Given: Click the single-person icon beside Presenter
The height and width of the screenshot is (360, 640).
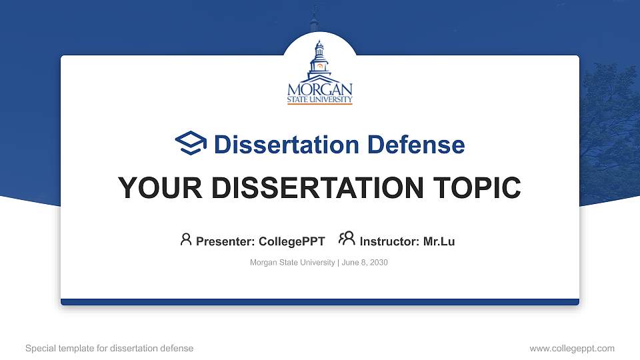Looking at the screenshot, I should (x=186, y=239).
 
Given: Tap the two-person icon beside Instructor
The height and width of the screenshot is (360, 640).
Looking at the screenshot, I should (x=347, y=239).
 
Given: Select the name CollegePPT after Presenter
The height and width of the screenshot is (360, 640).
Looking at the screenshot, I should (x=291, y=241).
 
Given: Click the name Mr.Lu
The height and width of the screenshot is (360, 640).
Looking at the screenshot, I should (x=439, y=241).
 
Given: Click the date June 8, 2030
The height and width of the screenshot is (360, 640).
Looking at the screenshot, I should (x=365, y=263).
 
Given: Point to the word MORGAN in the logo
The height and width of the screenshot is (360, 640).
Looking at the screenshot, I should (x=320, y=89).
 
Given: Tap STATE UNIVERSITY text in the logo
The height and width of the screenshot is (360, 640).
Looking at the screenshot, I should (x=320, y=99).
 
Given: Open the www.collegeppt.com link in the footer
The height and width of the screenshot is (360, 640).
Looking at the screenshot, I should (x=572, y=349).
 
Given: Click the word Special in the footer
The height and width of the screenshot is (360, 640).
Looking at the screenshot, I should (x=41, y=349).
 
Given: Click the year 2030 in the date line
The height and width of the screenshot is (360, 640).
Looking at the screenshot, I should (x=379, y=263).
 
